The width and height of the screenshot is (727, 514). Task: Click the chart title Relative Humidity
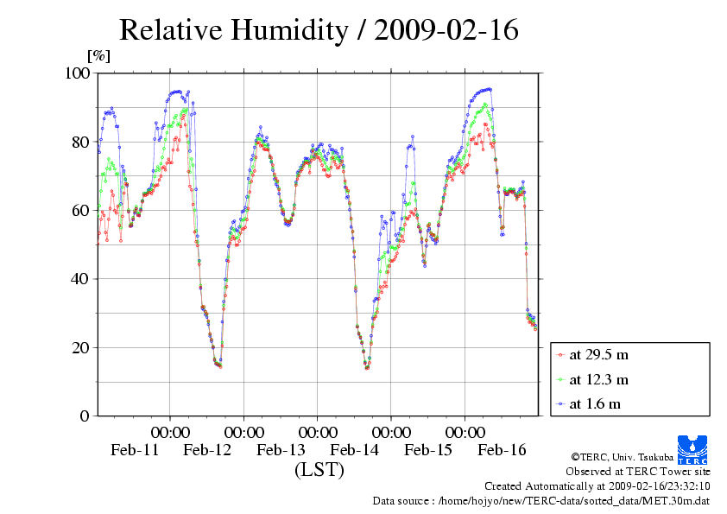coord(319,31)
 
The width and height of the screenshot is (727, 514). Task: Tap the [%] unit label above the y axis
coord(99,56)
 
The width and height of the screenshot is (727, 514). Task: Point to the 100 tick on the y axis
coord(78,73)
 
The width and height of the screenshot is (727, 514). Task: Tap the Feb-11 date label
coord(134,450)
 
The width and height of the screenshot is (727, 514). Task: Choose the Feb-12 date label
coord(207,450)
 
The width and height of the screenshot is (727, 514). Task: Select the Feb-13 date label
coord(281,450)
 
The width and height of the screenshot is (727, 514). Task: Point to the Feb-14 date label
coord(355,450)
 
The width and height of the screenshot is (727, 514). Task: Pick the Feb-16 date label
coord(503,450)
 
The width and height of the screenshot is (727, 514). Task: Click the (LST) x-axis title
coord(319,470)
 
